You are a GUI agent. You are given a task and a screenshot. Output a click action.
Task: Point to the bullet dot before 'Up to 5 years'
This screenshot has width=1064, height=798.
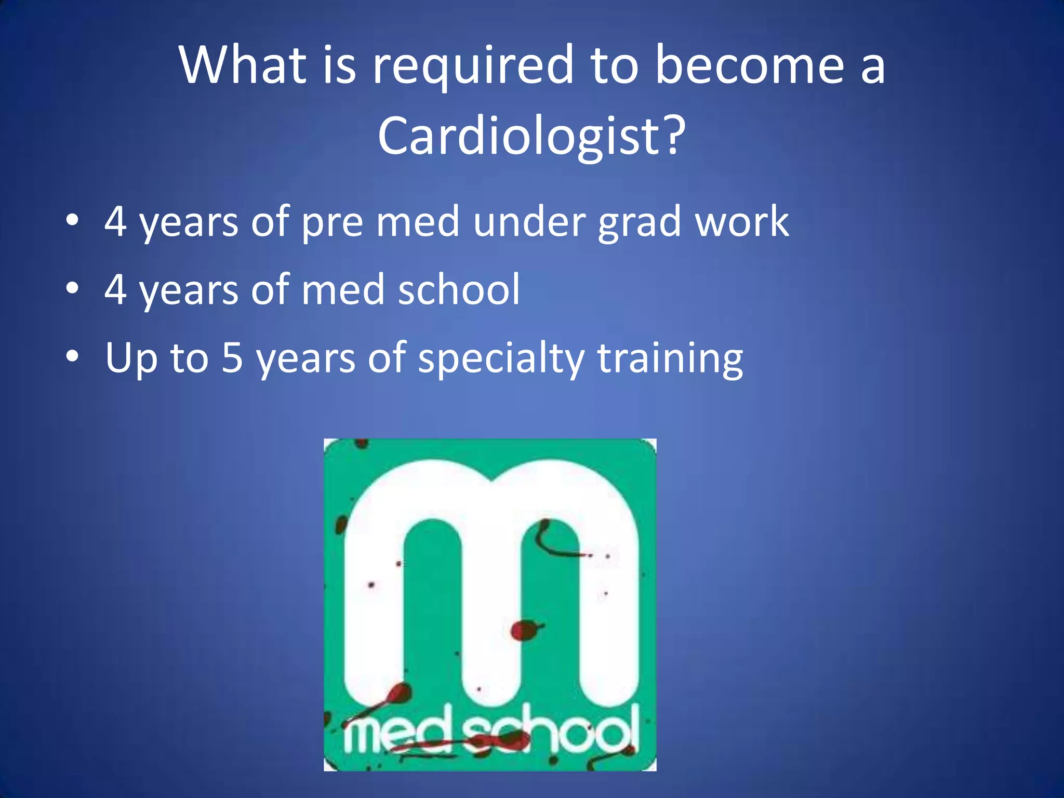pos(72,356)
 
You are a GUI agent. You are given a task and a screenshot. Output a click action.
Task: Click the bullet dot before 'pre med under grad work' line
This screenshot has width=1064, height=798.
pos(72,220)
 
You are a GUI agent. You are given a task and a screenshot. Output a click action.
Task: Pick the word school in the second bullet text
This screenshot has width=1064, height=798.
pos(459,289)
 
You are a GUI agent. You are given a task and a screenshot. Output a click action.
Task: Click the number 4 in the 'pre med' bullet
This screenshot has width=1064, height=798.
pos(115,221)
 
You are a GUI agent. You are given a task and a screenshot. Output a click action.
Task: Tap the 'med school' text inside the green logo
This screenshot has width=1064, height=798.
pos(490,733)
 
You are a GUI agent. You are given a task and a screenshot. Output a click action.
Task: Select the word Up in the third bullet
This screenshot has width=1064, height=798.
pos(131,358)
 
